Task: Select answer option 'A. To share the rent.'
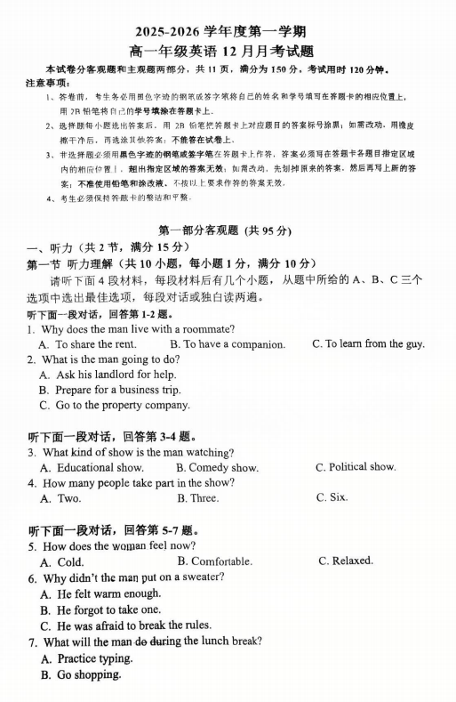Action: point(87,343)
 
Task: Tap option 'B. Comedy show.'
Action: point(217,467)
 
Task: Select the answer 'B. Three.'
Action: point(197,498)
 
